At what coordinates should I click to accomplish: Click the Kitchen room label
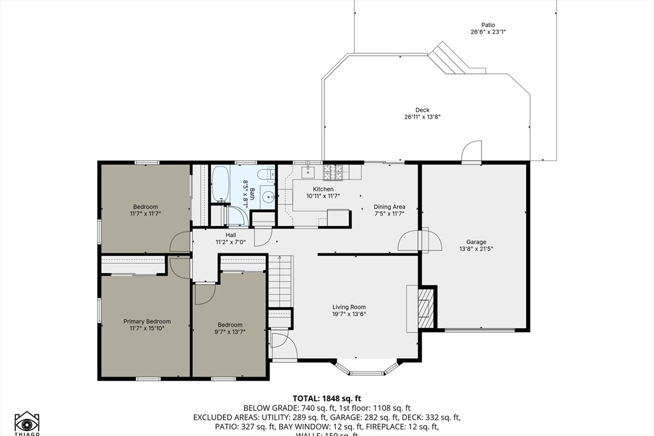point(323,189)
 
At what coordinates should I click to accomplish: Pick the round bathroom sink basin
point(268,197)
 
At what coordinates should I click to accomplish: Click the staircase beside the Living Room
point(280,281)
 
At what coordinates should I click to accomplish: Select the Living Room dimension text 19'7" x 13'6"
point(349,313)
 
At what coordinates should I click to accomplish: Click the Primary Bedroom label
point(147,322)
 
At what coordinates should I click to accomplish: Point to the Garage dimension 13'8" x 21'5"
point(476,249)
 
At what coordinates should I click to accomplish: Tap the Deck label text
point(422,110)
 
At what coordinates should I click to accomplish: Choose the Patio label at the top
point(488,25)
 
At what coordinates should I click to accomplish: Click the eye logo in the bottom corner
point(27,422)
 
